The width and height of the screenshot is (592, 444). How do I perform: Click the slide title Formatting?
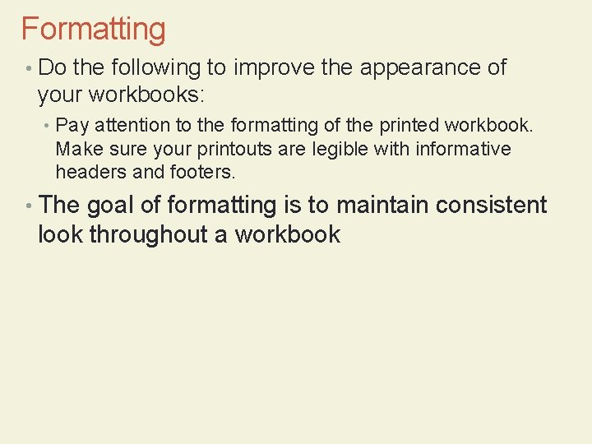coord(93,30)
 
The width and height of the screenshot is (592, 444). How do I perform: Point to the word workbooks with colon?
coord(146,95)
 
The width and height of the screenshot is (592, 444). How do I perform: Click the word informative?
coord(463,149)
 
